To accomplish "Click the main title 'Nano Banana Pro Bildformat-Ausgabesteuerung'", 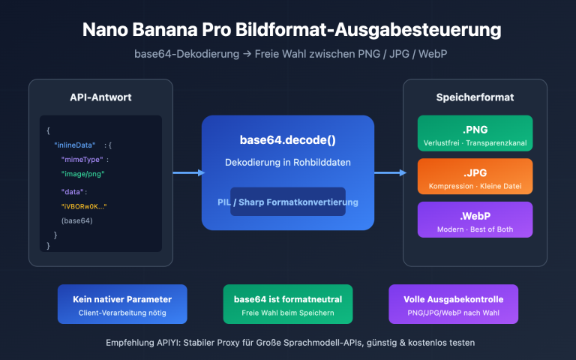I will click(288, 31).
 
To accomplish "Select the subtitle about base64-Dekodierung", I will click(288, 55).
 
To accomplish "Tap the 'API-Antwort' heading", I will click(100, 97).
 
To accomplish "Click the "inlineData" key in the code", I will click(75, 144).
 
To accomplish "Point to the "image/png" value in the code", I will click(82, 174).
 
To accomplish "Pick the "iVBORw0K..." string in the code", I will click(84, 205).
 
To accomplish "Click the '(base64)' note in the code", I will click(77, 220).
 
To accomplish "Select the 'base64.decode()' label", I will click(288, 140).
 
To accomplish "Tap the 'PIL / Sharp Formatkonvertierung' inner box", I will click(288, 202).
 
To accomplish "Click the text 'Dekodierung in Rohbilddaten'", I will click(288, 163).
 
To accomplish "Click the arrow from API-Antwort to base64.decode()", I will click(187, 173).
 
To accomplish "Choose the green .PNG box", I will click(475, 133).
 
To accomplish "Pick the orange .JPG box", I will click(475, 177).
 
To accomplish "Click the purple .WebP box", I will click(475, 220).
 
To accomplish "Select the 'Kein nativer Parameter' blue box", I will click(122, 304).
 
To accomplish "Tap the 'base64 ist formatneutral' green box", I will click(288, 304).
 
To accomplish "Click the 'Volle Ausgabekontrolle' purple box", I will click(453, 304).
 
